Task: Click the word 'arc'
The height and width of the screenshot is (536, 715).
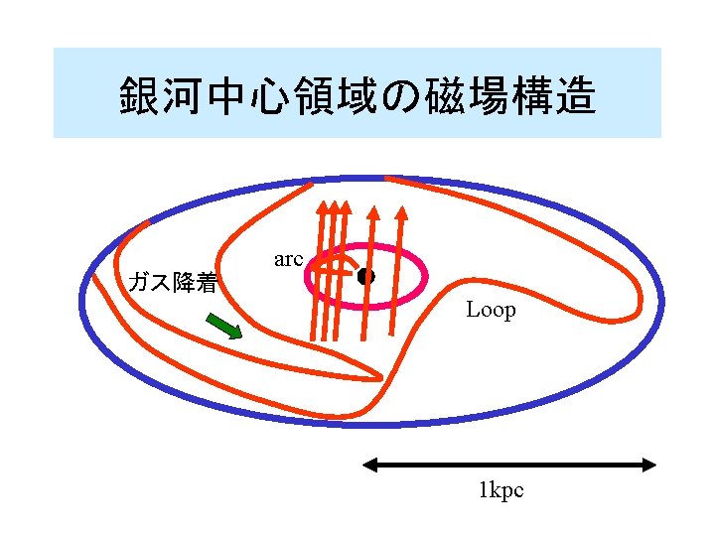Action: click(x=287, y=259)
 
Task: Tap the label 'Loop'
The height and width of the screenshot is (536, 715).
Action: click(x=491, y=310)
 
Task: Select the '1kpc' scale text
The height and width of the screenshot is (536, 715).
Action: click(x=500, y=490)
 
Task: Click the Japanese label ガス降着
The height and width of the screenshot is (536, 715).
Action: click(x=174, y=283)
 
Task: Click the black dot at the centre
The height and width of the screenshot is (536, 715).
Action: click(x=365, y=277)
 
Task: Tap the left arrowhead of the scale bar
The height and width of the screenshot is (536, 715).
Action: click(x=368, y=464)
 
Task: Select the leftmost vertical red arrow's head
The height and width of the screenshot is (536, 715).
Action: click(x=323, y=209)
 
